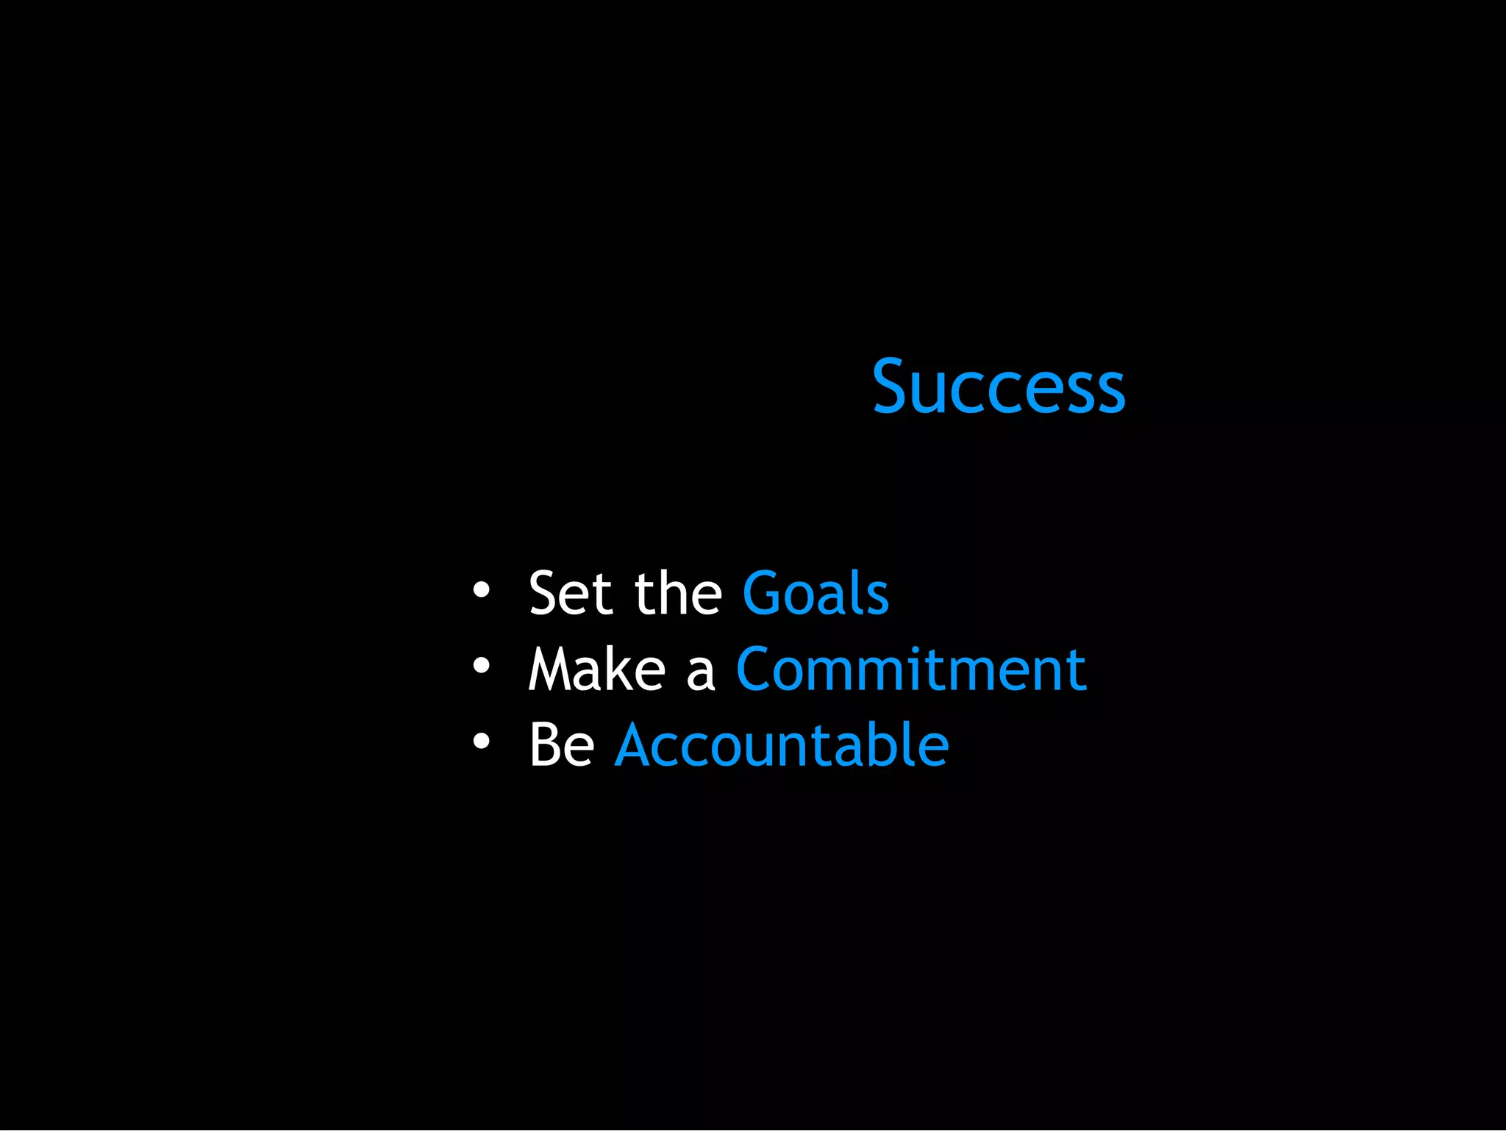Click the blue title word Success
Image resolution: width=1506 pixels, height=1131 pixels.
(x=998, y=387)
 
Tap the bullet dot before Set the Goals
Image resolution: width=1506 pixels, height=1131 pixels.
(x=481, y=589)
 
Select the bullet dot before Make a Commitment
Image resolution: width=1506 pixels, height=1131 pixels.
(x=481, y=666)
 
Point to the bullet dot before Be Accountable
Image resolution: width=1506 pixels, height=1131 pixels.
(x=481, y=742)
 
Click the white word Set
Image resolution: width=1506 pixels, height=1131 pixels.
(x=570, y=593)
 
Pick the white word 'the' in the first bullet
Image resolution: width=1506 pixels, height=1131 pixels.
(x=678, y=593)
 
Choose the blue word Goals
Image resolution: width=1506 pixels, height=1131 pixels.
(x=816, y=593)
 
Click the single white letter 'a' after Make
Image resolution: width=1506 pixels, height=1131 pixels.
(x=700, y=672)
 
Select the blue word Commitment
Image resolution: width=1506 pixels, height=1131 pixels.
(x=911, y=669)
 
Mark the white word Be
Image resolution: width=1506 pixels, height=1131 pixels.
(x=562, y=745)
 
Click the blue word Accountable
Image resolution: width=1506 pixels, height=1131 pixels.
(x=782, y=745)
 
